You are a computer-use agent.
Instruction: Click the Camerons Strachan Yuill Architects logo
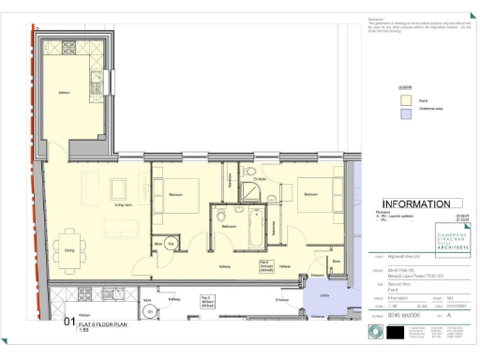432,235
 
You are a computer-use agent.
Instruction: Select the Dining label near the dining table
69,249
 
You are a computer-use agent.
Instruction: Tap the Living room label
122,204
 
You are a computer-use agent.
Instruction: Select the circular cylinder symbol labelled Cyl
148,311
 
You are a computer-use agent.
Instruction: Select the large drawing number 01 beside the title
68,323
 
